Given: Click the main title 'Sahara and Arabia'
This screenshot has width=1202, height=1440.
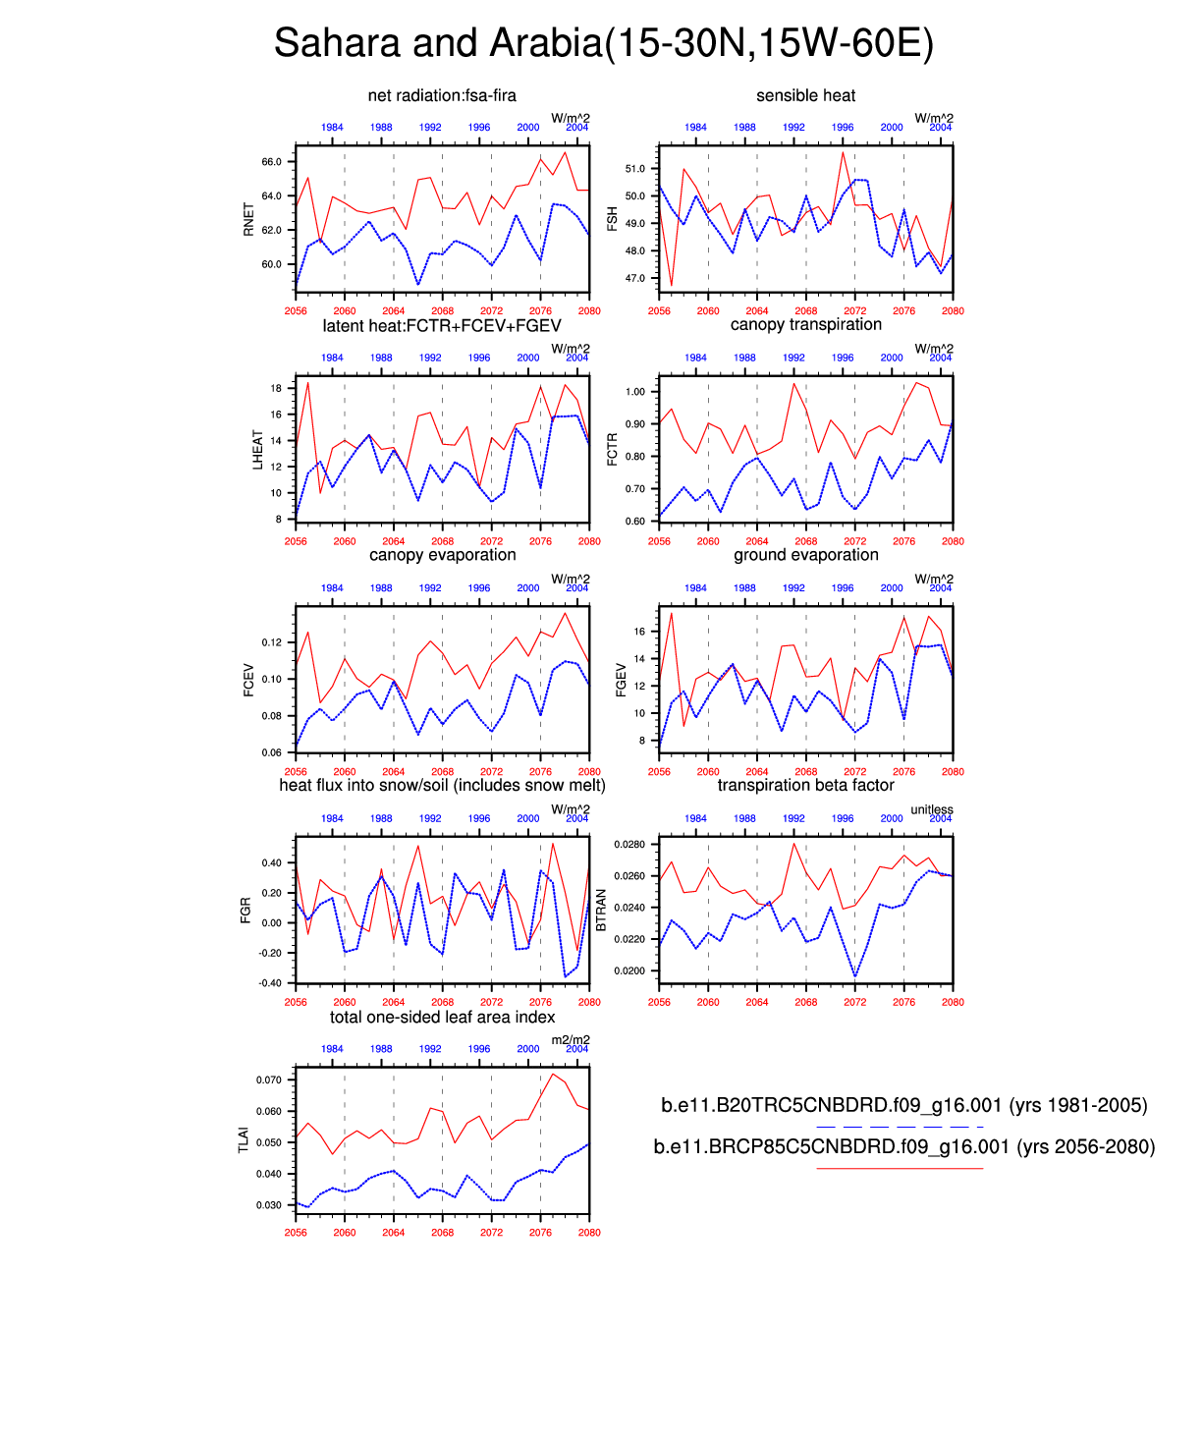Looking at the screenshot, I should [603, 43].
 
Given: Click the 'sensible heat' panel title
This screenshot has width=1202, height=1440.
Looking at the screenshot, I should [805, 95].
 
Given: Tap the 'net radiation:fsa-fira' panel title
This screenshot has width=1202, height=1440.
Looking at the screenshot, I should [442, 95].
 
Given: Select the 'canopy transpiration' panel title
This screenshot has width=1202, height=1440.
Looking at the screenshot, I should [805, 325].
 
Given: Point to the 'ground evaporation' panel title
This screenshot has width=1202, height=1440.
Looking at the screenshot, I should [805, 555].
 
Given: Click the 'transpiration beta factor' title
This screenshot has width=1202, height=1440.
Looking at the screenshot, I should [805, 785].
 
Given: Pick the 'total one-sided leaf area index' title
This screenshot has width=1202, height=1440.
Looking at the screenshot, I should [442, 1017].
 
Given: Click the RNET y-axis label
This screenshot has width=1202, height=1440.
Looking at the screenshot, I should [248, 219].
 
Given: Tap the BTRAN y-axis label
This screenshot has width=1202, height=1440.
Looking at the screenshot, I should [602, 911].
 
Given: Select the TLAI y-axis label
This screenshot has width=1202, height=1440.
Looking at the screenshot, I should [245, 1139].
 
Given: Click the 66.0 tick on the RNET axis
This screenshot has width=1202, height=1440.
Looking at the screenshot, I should [271, 162].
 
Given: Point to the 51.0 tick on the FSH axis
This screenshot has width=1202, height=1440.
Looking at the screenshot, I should [634, 169].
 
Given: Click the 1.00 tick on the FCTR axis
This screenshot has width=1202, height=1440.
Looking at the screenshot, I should [634, 392].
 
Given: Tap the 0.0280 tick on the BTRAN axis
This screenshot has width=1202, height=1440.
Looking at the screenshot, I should [628, 845].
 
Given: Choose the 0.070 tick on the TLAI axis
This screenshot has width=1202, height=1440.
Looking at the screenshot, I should [268, 1080].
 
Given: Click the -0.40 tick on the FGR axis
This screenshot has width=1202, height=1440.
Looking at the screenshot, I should [269, 983].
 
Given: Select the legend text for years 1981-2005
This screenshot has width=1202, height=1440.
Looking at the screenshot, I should [903, 1105].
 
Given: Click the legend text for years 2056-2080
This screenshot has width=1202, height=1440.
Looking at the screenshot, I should [903, 1146].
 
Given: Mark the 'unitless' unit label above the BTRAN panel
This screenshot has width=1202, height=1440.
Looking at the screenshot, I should [931, 809].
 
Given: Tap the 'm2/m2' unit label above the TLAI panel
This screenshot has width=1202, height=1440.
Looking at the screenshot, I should [570, 1040].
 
